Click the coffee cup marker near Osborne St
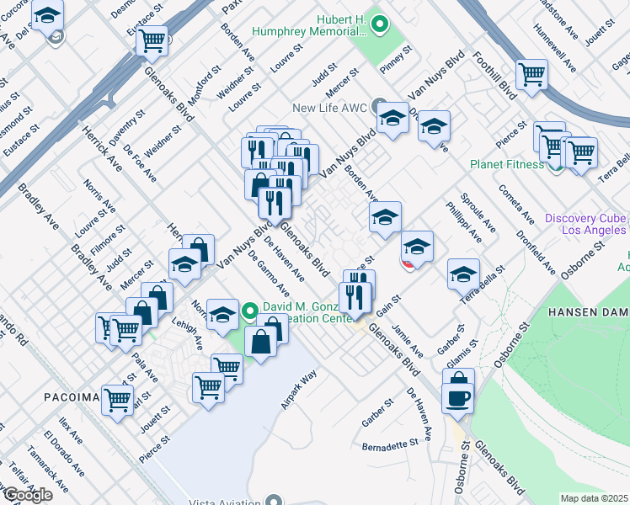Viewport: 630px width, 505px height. click(458, 396)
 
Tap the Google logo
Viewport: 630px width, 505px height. click(27, 495)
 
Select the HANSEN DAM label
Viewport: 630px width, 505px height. click(588, 311)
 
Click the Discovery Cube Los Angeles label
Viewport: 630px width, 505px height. click(586, 223)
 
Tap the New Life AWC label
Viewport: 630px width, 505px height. click(331, 107)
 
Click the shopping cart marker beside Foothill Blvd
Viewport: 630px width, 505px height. click(532, 73)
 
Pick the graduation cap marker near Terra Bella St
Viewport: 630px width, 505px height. click(462, 273)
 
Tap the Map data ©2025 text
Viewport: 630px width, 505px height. click(595, 498)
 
